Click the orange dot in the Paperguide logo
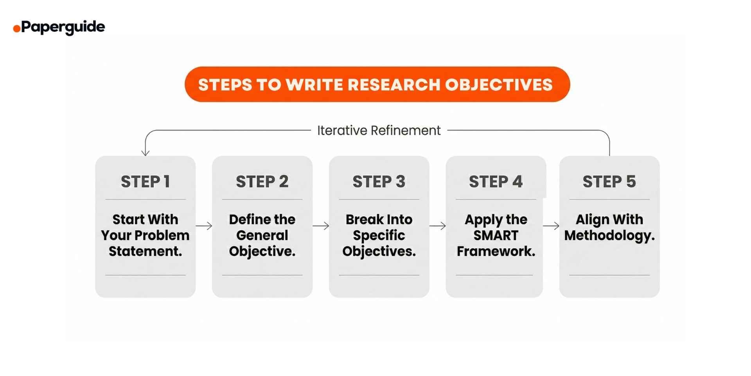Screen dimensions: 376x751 coord(16,29)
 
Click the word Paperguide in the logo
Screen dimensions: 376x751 coord(63,27)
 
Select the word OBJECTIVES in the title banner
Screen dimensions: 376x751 coord(499,85)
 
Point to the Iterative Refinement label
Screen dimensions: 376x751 coord(379,130)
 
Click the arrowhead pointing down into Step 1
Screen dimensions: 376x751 coord(146,152)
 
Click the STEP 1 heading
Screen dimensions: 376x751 coord(145,182)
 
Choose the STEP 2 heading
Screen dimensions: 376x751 coord(262,182)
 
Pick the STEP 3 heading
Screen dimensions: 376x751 coord(379,182)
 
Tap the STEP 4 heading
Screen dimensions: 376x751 coord(496,182)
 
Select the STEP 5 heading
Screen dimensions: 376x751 coord(609,182)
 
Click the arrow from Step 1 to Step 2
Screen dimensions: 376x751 coord(204,226)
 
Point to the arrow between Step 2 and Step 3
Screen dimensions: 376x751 coord(321,226)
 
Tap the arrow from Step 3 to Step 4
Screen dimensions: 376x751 coord(437,226)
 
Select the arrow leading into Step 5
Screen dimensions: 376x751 coord(551,226)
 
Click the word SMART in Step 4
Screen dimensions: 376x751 coord(496,235)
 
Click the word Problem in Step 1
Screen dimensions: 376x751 coord(167,235)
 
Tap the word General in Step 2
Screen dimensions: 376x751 coord(262,235)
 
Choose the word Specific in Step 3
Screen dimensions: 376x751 coord(379,235)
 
